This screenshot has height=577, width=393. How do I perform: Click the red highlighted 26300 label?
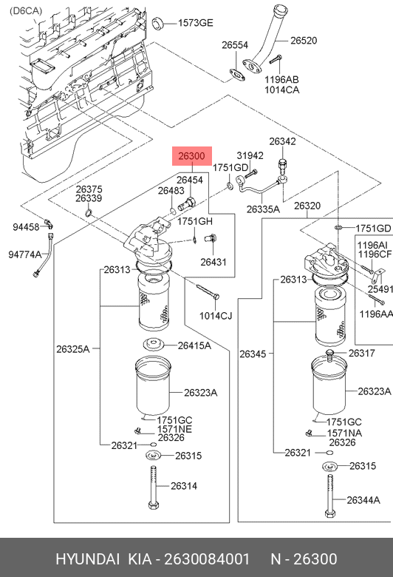click(x=192, y=156)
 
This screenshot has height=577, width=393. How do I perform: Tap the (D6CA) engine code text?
click(x=26, y=11)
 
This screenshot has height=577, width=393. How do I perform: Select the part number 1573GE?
click(x=195, y=23)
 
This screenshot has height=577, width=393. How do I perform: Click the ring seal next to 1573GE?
click(x=158, y=23)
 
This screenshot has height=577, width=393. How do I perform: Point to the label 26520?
click(x=304, y=41)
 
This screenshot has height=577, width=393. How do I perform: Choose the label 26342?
click(x=282, y=141)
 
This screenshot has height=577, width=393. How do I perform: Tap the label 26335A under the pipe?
click(x=263, y=209)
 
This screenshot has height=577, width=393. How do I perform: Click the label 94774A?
click(x=25, y=254)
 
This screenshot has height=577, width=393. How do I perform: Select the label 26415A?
click(x=194, y=345)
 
